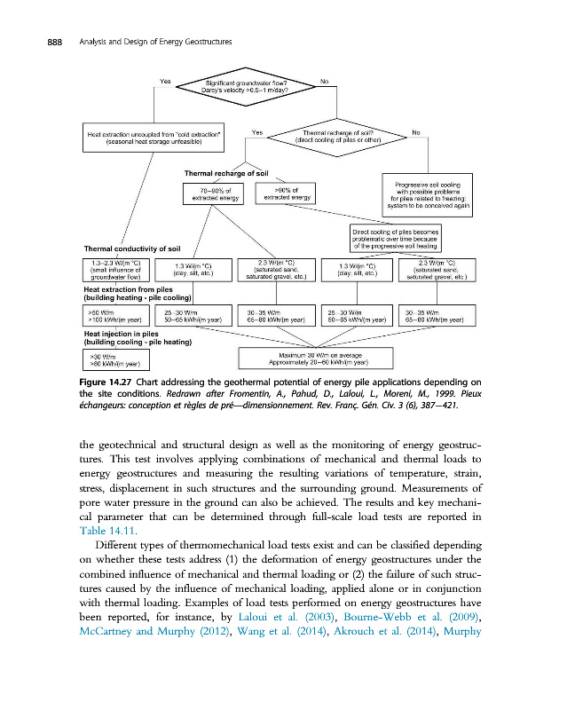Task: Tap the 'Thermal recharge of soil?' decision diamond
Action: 336,137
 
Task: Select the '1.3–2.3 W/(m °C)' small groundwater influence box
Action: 115,269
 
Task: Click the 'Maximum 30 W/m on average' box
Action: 317,359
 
